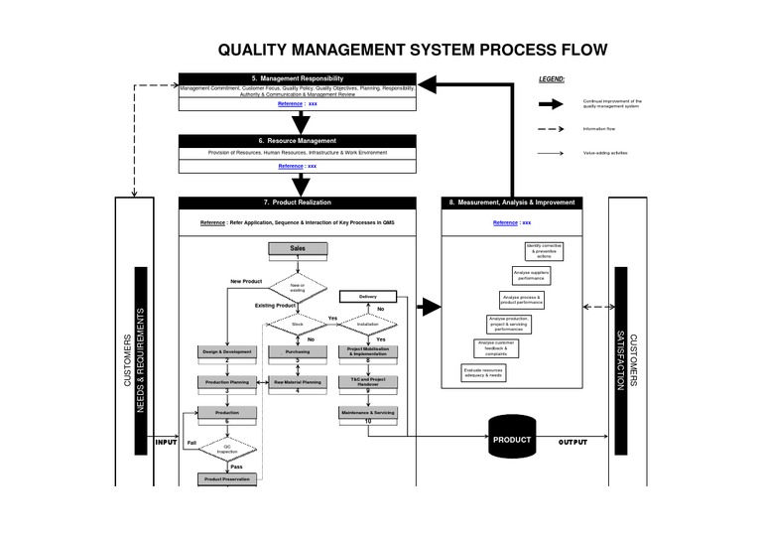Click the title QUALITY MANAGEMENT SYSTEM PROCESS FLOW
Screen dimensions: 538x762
(412, 50)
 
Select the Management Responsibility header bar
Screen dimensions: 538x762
(297, 78)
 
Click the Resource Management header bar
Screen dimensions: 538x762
(297, 141)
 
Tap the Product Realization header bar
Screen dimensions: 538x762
(297, 202)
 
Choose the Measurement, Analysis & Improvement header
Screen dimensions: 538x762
(511, 202)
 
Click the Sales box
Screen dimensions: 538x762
(297, 248)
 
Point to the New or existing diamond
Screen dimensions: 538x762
(297, 288)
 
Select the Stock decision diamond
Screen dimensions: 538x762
(297, 324)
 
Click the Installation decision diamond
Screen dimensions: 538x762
(368, 324)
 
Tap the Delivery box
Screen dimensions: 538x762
(368, 296)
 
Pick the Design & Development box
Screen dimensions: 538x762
(227, 351)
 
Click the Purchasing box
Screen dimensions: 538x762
(297, 351)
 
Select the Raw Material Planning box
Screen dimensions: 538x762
(297, 381)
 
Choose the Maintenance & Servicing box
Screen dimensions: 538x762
(368, 412)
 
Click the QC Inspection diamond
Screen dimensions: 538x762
(227, 449)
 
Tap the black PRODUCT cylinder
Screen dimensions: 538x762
(512, 439)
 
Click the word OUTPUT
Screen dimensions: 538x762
(572, 442)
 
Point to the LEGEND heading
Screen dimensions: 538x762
(552, 77)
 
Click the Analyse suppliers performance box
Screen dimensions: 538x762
(529, 275)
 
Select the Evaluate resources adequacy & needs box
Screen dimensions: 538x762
(483, 373)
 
